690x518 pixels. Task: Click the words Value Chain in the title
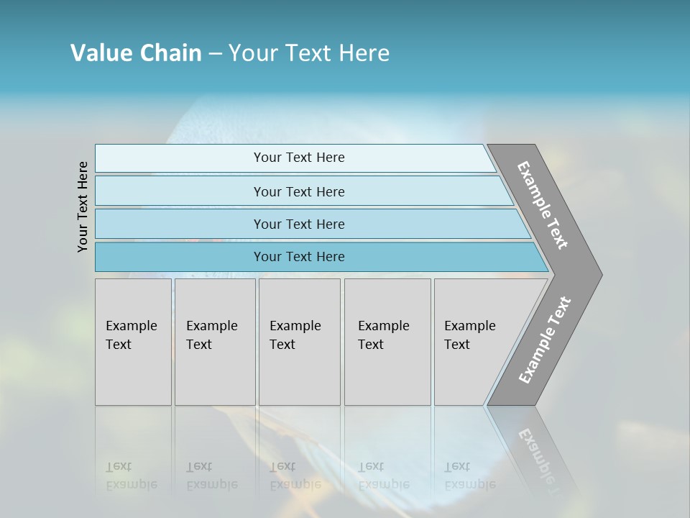tap(136, 53)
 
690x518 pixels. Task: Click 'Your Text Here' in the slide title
tap(309, 53)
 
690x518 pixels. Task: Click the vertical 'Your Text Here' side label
tap(83, 206)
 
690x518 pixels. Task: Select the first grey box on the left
tap(133, 342)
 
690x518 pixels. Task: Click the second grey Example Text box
tap(215, 342)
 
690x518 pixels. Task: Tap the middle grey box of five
tap(299, 342)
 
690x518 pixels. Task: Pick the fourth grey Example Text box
tap(387, 342)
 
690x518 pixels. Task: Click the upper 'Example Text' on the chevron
tap(543, 205)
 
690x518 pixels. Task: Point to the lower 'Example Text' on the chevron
tap(545, 340)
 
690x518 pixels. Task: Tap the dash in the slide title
tap(215, 53)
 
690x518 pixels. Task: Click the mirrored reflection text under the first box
tap(130, 476)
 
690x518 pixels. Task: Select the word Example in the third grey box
tap(295, 326)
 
